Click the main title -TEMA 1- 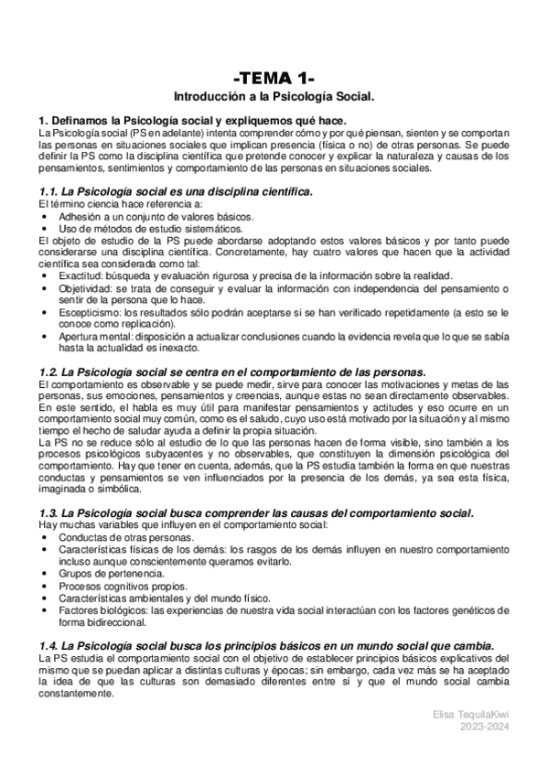(x=274, y=77)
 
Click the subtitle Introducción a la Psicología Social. (x=274, y=95)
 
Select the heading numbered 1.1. (x=175, y=191)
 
